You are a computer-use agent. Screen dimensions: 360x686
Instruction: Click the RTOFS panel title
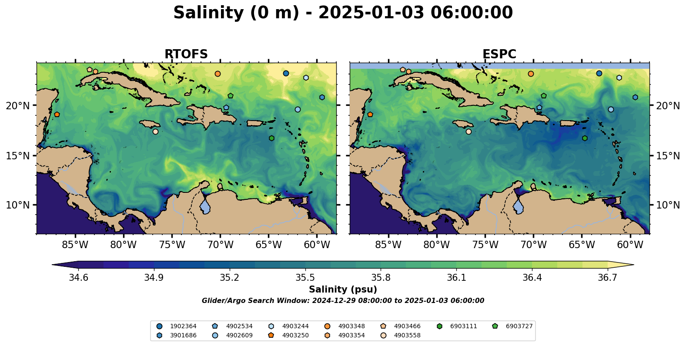(x=186, y=54)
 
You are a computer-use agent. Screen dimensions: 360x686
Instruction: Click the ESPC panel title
(x=499, y=54)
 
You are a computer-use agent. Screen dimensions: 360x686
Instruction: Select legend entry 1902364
(x=183, y=326)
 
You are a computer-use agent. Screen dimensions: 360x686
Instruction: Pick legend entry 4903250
(x=295, y=335)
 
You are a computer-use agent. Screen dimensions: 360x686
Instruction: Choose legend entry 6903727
(x=519, y=326)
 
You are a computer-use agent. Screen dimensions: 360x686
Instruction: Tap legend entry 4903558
(x=407, y=335)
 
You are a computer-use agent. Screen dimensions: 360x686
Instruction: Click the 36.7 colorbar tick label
(x=607, y=278)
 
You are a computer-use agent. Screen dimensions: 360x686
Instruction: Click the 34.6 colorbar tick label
(x=79, y=278)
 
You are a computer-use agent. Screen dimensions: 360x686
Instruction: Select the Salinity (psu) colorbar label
(x=343, y=289)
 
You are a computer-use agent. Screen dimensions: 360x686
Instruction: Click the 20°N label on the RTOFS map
(x=18, y=106)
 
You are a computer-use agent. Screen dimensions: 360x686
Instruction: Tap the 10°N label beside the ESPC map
(x=668, y=205)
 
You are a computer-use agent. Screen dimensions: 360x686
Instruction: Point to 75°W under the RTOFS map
(x=172, y=245)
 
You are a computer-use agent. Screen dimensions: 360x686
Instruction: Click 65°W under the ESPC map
(x=582, y=245)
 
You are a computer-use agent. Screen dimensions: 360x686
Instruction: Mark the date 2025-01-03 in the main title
(x=371, y=13)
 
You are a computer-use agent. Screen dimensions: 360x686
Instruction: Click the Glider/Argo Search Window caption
(x=343, y=301)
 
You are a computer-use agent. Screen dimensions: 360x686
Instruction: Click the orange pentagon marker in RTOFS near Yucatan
(x=57, y=114)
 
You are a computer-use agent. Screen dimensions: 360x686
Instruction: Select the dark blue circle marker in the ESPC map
(x=599, y=74)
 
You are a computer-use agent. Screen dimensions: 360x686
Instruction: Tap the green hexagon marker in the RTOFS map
(x=271, y=138)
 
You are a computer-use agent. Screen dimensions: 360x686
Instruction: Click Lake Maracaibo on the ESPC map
(x=518, y=206)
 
